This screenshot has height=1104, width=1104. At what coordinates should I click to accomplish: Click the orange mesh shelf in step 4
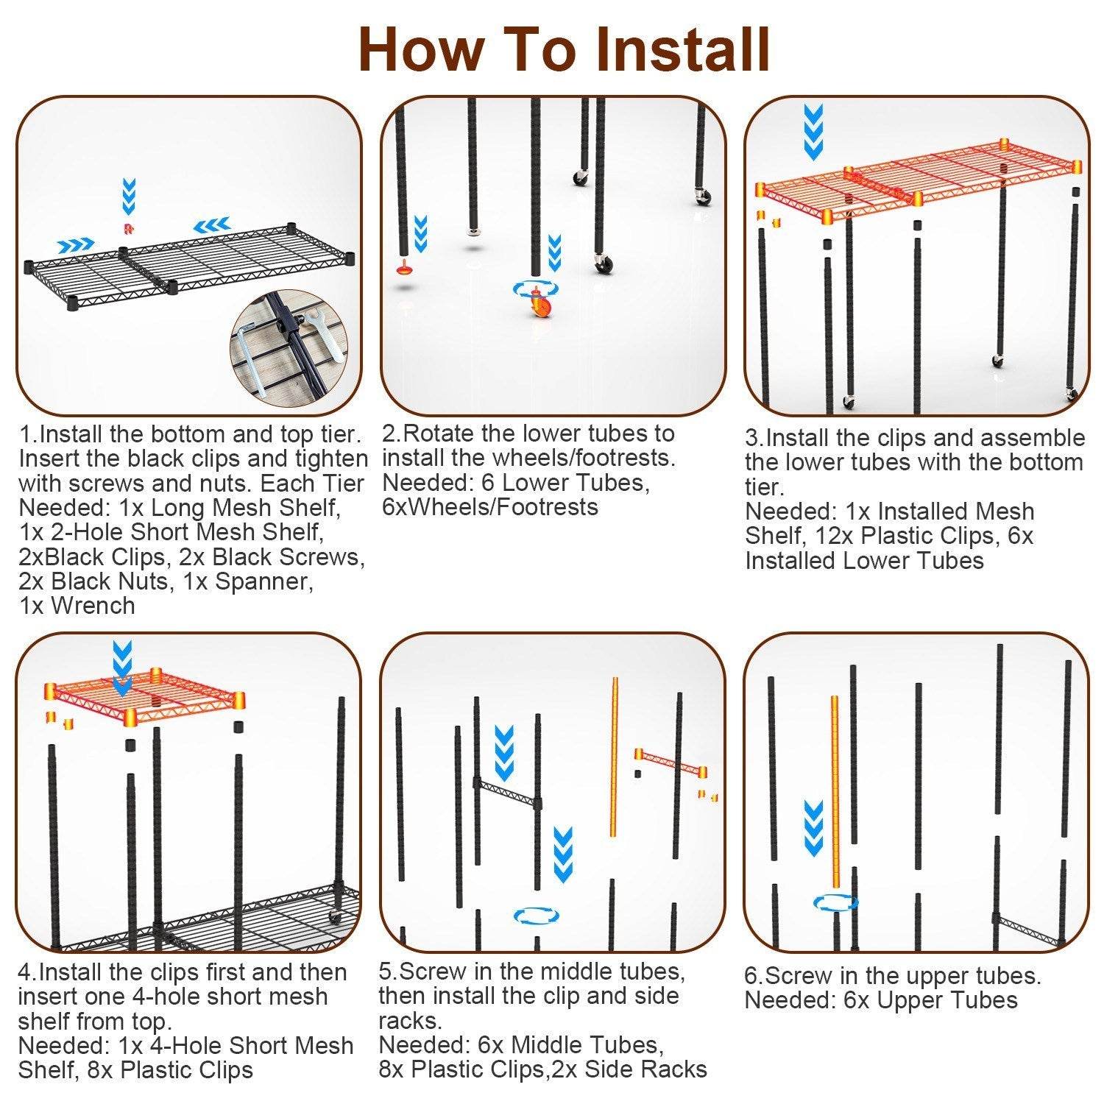coord(144,696)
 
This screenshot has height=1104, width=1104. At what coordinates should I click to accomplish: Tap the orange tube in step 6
coord(835,791)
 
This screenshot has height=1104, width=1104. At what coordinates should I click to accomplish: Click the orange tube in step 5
coord(613,757)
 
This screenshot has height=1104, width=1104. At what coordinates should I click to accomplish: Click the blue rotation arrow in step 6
coord(835,902)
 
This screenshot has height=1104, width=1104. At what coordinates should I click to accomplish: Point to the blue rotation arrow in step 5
coord(536,916)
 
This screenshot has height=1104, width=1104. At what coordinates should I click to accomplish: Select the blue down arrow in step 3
coord(813,132)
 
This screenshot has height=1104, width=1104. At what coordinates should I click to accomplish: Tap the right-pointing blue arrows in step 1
coord(76,244)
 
